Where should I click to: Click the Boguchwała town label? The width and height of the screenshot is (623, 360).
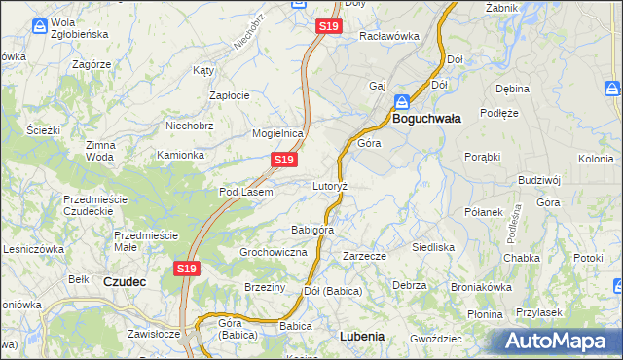click(x=426, y=118)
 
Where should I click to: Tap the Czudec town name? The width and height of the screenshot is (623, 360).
click(x=124, y=281)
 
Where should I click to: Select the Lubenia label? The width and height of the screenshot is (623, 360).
click(x=363, y=336)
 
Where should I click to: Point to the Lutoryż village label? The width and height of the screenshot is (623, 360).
click(x=330, y=185)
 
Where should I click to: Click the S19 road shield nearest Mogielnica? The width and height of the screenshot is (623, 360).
click(x=283, y=159)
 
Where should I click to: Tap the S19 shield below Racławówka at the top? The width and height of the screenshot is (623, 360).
click(x=328, y=27)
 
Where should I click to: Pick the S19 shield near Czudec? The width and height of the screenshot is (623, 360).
click(x=188, y=268)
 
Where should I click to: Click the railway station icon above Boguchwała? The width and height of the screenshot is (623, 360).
click(x=402, y=100)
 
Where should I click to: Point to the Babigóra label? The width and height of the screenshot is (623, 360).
click(x=312, y=231)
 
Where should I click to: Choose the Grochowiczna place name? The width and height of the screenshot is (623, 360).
click(x=274, y=252)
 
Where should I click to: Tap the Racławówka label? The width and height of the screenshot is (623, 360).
click(x=388, y=36)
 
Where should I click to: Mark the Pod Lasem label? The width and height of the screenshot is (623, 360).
click(x=245, y=192)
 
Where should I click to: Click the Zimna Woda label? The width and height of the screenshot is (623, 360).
click(x=99, y=151)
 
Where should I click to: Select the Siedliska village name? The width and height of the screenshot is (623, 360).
click(x=433, y=247)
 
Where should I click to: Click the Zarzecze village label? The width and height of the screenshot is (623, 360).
click(x=365, y=256)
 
